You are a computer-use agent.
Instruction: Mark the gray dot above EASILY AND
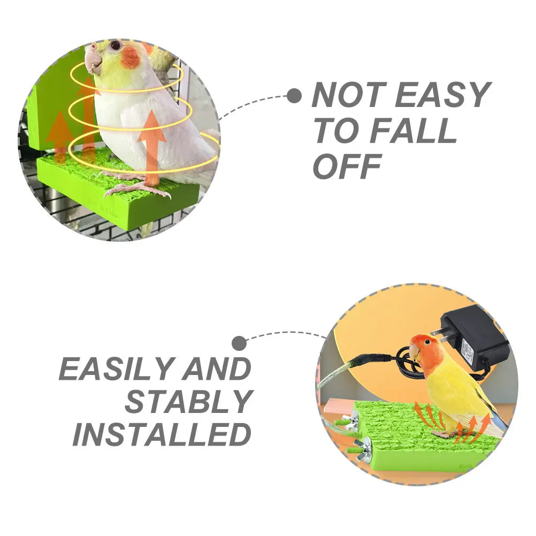click(x=240, y=343)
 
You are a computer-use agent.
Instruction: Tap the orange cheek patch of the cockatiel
click(x=130, y=57)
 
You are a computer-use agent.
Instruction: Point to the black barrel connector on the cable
click(x=369, y=359)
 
